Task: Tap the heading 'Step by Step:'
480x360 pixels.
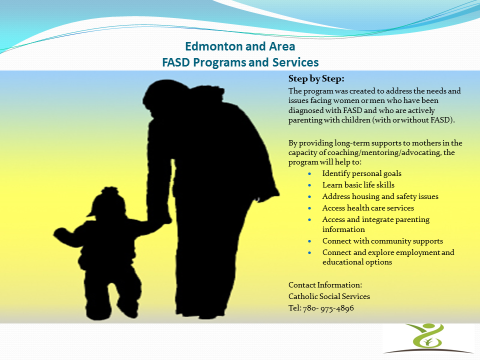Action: [316, 79]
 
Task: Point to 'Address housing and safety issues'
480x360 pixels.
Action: [380, 196]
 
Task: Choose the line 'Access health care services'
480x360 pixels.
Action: [368, 208]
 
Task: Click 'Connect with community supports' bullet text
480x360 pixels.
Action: [382, 241]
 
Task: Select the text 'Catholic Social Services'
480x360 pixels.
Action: [329, 296]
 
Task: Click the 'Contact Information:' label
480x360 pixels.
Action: [325, 284]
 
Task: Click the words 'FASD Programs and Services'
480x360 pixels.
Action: [240, 62]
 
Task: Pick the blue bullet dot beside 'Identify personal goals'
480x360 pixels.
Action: [310, 174]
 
